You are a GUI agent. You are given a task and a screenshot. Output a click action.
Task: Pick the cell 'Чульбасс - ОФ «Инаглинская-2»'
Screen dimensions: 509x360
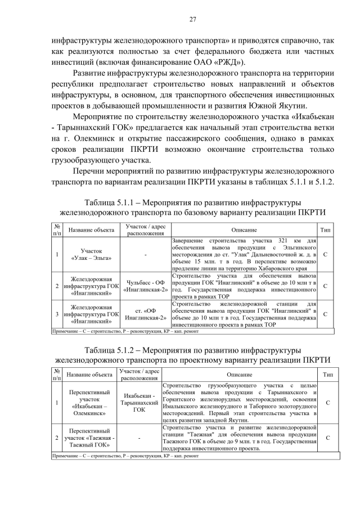coord(145,286)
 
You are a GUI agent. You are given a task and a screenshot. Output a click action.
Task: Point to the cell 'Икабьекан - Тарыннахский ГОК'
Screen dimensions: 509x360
coord(139,403)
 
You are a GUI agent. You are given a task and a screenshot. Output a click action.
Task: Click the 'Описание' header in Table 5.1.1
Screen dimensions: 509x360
coord(244,230)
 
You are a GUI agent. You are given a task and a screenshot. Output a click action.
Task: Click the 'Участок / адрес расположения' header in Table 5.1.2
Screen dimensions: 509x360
coord(139,374)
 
